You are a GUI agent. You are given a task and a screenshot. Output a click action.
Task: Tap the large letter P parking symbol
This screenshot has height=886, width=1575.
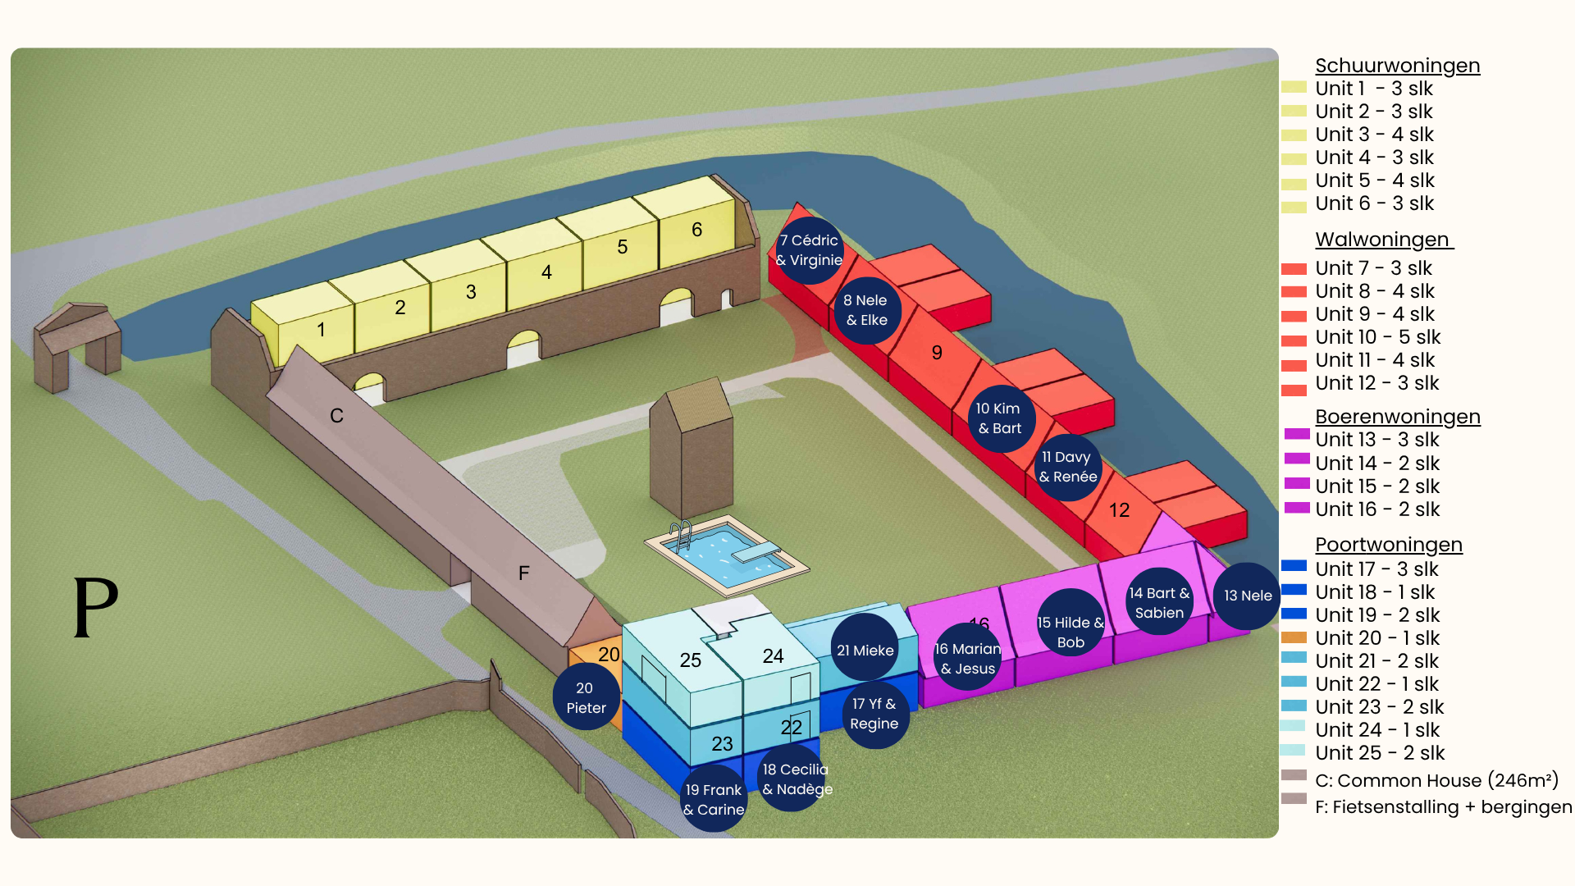pyautogui.click(x=96, y=607)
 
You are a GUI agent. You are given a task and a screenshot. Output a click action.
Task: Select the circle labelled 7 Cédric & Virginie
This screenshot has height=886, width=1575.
pyautogui.click(x=810, y=250)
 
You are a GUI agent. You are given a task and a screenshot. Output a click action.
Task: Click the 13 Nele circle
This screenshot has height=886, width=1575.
pyautogui.click(x=1247, y=596)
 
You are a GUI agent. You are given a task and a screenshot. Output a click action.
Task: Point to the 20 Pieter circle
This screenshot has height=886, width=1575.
pyautogui.click(x=586, y=697)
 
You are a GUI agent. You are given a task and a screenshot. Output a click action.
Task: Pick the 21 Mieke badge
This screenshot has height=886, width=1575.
pyautogui.click(x=865, y=650)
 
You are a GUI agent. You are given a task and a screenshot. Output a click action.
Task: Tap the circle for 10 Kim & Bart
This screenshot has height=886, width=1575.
pyautogui.click(x=1000, y=418)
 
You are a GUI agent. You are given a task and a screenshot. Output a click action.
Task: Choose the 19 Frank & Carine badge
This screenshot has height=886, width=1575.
pyautogui.click(x=714, y=798)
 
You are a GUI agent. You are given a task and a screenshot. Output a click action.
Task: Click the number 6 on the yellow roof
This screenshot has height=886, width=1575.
pyautogui.click(x=696, y=230)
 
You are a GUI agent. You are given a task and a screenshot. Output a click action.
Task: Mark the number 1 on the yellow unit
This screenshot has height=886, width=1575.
pyautogui.click(x=322, y=330)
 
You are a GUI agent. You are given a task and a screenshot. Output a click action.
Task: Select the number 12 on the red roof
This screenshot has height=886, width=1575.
pyautogui.click(x=1119, y=510)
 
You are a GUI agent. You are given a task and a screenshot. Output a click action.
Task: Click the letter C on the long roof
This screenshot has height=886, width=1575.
pyautogui.click(x=336, y=416)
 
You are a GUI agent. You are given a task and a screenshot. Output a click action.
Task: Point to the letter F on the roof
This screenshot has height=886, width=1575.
pyautogui.click(x=524, y=573)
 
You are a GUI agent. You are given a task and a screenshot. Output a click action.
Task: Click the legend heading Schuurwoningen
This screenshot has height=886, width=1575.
pyautogui.click(x=1397, y=66)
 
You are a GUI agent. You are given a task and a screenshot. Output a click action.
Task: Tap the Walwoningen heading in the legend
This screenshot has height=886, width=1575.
pyautogui.click(x=1384, y=240)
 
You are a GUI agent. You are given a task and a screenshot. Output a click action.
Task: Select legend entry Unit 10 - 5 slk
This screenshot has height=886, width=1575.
pyautogui.click(x=1377, y=337)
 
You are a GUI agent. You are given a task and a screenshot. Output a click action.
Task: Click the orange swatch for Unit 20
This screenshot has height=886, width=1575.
pyautogui.click(x=1294, y=637)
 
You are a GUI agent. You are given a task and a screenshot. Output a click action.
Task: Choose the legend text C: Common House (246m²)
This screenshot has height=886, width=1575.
pyautogui.click(x=1436, y=780)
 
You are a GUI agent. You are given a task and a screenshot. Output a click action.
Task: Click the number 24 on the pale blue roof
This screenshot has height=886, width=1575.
pyautogui.click(x=773, y=656)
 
